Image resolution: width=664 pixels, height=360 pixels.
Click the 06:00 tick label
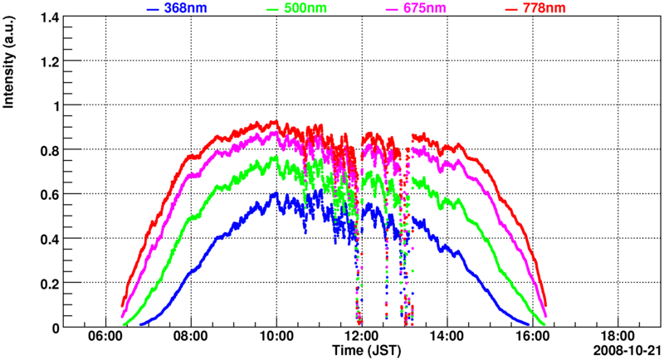(x=105, y=338)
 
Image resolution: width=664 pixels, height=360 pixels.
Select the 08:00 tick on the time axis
(x=191, y=338)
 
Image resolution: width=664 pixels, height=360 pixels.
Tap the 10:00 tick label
(x=276, y=338)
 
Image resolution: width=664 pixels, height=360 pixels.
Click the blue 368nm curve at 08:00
(x=191, y=271)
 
